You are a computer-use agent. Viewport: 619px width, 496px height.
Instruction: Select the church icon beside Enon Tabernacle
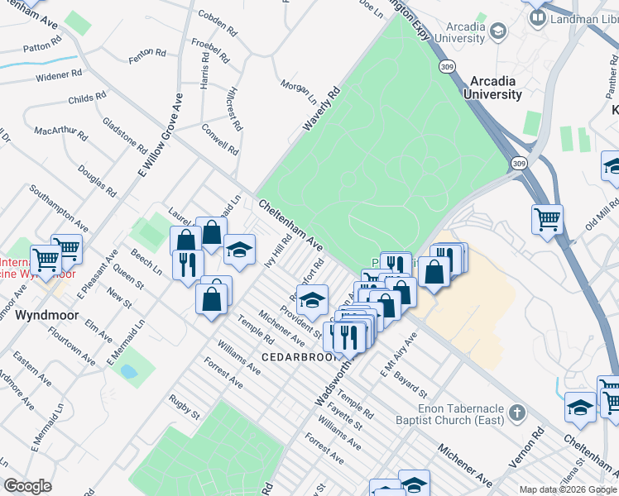[516, 413]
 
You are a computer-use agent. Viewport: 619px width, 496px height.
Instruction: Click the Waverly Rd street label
[322, 111]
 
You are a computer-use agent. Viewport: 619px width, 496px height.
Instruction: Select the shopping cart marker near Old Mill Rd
[547, 219]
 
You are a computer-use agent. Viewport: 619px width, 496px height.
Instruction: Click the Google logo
[27, 486]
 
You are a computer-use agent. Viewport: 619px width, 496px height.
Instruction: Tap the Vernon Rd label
[538, 444]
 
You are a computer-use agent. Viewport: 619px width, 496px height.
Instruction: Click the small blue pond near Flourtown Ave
[128, 371]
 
